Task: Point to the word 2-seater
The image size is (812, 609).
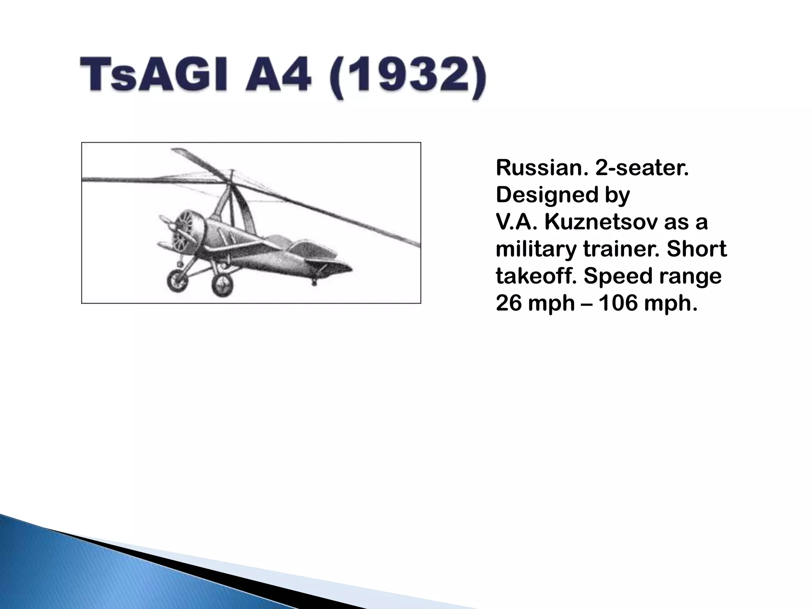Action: click(642, 168)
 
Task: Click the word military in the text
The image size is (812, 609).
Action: click(536, 249)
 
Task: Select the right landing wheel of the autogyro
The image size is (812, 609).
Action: click(223, 285)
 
